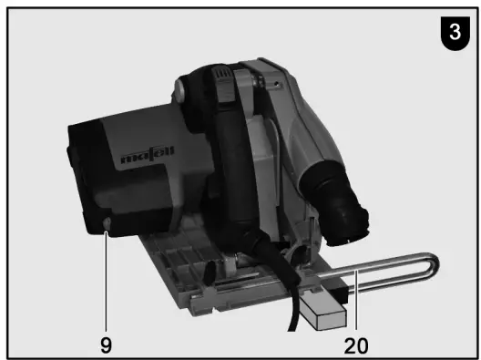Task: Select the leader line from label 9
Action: coord(106,273)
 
